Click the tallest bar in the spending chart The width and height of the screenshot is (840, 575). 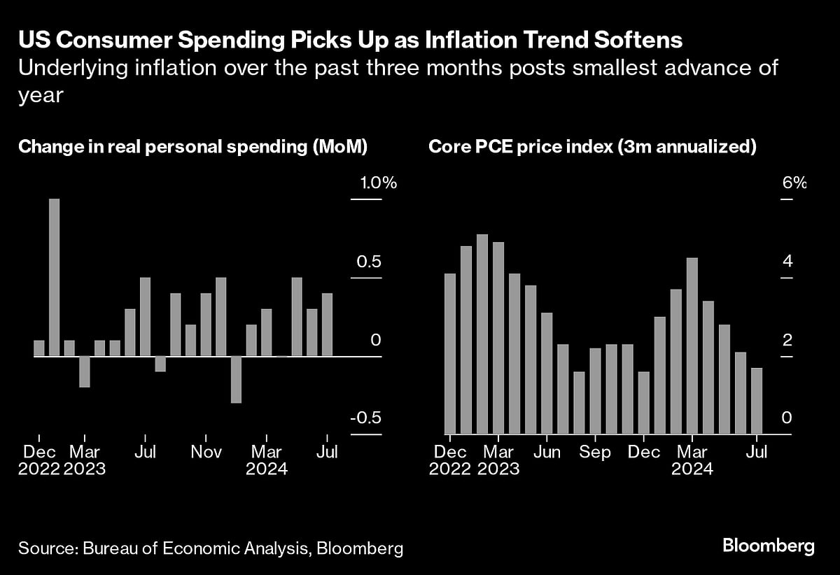[x=54, y=278]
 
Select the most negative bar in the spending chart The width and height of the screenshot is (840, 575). [x=236, y=379]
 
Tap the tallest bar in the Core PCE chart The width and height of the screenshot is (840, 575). [x=482, y=334]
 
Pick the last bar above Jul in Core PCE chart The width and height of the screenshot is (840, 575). [x=757, y=401]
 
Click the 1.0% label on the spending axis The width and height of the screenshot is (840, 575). [x=379, y=184]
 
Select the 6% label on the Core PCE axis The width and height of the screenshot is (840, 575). [x=794, y=184]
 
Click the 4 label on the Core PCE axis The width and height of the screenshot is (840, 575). [x=787, y=262]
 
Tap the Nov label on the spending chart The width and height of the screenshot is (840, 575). [x=206, y=452]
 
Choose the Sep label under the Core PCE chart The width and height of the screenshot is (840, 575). [x=594, y=452]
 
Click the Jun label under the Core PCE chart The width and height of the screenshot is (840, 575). [x=547, y=452]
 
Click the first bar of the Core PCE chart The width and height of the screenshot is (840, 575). [x=450, y=353]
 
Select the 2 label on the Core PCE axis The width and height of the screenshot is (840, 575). [x=787, y=340]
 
